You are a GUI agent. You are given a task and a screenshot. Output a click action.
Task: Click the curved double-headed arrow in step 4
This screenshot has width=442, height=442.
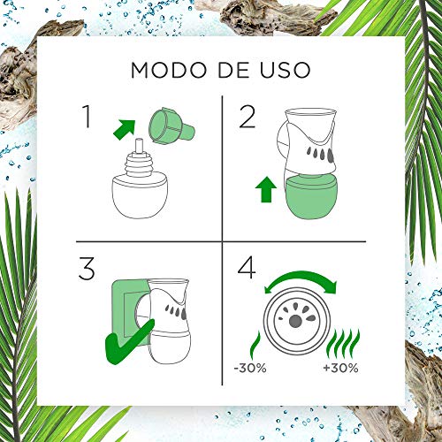point(301,286)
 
